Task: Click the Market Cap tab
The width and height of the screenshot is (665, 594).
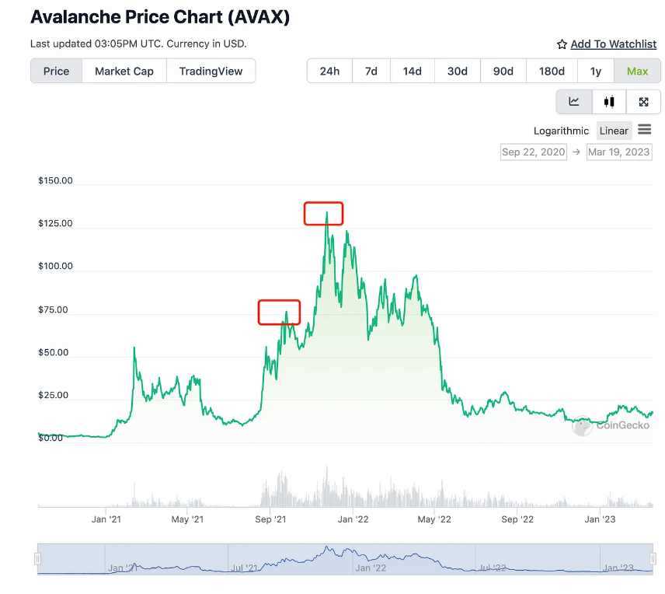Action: (x=124, y=71)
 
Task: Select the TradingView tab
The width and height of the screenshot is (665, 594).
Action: (x=211, y=71)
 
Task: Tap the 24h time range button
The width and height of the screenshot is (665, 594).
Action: (x=329, y=71)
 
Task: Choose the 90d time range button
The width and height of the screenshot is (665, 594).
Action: (x=503, y=71)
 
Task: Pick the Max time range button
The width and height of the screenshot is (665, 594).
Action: (x=637, y=71)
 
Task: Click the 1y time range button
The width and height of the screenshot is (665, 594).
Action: (x=596, y=71)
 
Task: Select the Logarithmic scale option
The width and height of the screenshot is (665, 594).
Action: (x=561, y=131)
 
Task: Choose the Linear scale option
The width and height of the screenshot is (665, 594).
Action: (x=614, y=131)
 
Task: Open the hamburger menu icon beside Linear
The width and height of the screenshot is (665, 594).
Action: (x=645, y=130)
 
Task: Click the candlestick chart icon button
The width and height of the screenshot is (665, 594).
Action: (x=609, y=102)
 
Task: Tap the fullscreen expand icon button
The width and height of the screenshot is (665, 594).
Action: (x=643, y=102)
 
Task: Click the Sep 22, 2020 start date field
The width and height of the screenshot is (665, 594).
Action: (x=534, y=152)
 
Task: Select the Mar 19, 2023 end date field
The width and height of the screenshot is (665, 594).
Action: (x=618, y=152)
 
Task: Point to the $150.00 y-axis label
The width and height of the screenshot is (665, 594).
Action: (x=55, y=181)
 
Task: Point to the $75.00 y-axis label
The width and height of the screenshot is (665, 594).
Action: (x=53, y=310)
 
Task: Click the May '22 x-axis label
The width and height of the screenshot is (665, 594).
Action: (x=434, y=519)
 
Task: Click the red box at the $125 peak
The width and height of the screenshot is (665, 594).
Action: (x=323, y=213)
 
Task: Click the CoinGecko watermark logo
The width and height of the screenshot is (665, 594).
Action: (x=603, y=426)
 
